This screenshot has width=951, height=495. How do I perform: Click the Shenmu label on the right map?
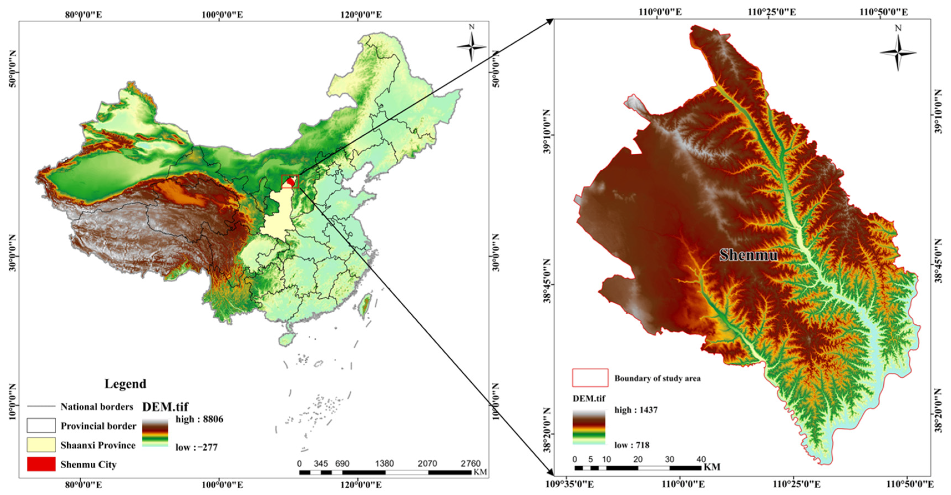coord(748,255)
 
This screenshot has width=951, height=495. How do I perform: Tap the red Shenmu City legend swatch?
coord(41,464)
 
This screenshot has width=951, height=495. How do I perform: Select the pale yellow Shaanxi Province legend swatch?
coord(41,445)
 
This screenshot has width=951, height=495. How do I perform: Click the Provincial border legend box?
coord(41,426)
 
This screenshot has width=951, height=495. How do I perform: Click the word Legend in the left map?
coord(125,384)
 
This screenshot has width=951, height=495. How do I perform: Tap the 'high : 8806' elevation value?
coord(199,419)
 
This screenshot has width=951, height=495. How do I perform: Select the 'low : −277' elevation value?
coord(196,447)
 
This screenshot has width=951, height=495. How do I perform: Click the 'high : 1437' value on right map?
coord(636,410)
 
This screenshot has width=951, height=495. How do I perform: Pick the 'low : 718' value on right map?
coord(632,445)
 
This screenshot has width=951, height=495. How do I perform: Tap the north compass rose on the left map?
coord(471,47)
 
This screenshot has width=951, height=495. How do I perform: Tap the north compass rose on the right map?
coord(898,52)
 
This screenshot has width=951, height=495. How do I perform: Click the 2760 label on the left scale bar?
coord(470,463)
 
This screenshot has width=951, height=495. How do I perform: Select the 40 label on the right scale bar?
coord(701,459)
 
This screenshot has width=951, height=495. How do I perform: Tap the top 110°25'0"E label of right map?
coord(772,12)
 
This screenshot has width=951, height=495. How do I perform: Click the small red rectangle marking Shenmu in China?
coord(290,181)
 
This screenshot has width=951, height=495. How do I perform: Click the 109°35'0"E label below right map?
coord(570,484)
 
